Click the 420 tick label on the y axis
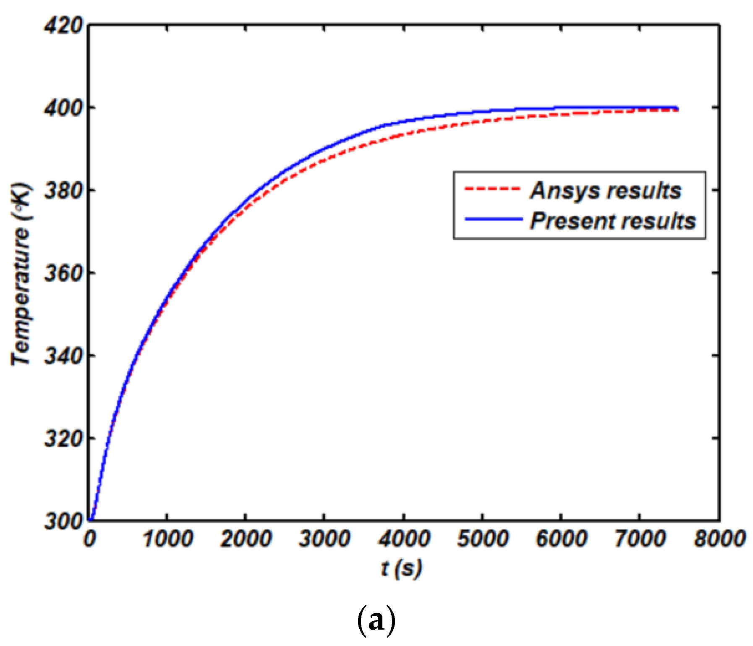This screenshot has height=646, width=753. tap(63, 26)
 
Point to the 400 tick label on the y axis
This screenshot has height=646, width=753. tap(63, 109)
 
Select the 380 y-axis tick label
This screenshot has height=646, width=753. tap(63, 191)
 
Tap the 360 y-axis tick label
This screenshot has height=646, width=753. tap(63, 274)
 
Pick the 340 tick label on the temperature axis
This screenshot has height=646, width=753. tap(63, 356)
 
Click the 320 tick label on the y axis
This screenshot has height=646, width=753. tap(63, 439)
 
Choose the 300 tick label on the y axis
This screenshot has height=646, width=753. tap(63, 521)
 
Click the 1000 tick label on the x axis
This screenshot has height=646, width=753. tap(168, 539)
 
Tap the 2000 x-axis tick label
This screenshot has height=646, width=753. tap(246, 539)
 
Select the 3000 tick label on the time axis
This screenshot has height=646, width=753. tap(325, 539)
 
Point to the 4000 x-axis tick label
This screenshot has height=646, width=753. tap(404, 539)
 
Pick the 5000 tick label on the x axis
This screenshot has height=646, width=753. tap(483, 539)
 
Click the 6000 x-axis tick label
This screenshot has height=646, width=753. tap(562, 539)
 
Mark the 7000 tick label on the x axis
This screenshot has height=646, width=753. tap(640, 539)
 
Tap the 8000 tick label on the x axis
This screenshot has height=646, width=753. tap(719, 539)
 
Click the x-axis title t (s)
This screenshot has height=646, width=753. tap(401, 569)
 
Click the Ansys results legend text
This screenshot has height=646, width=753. tap(606, 191)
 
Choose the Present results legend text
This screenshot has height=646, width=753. tap(613, 221)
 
